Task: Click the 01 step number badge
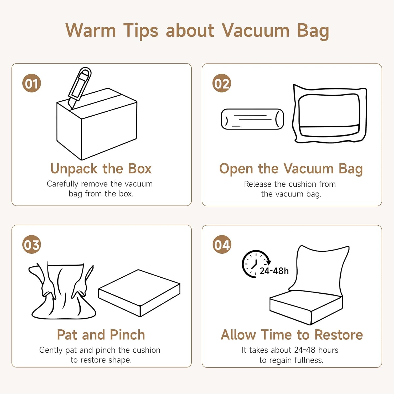(32, 83)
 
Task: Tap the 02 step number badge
(222, 83)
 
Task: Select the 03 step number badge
(32, 244)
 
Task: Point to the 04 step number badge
(222, 244)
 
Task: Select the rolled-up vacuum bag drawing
(252, 119)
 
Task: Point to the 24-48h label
(274, 271)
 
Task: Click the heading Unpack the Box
(101, 169)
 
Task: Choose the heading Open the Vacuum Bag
(291, 169)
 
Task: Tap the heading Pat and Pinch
(101, 335)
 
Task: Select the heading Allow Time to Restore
(292, 335)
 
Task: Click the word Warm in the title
(91, 30)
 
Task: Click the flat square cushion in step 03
(139, 293)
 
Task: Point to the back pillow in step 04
(319, 271)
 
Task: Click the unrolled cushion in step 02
(330, 113)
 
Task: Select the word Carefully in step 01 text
(63, 184)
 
